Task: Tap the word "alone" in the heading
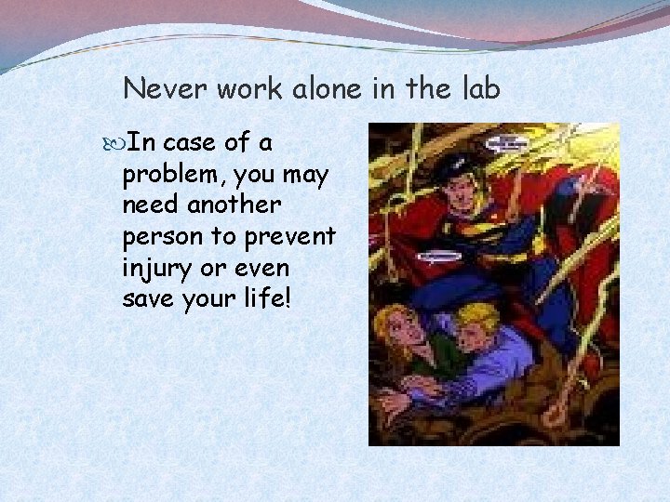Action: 341,89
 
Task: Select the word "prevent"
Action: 289,237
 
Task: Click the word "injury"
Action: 155,269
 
